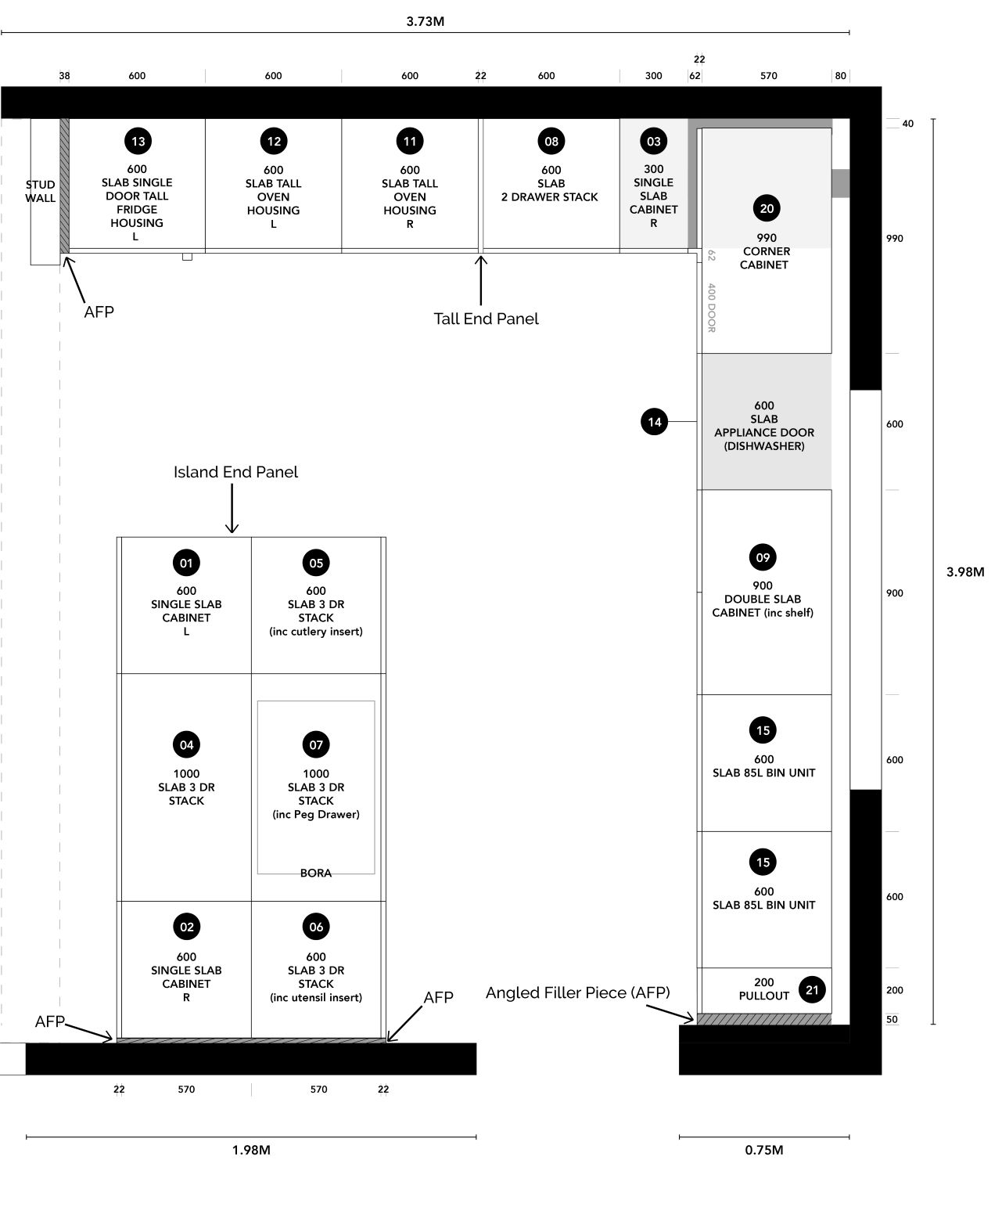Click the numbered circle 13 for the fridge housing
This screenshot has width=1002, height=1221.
pyautogui.click(x=138, y=142)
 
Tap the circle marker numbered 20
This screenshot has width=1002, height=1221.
pyautogui.click(x=767, y=208)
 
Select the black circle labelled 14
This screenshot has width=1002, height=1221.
pyautogui.click(x=654, y=422)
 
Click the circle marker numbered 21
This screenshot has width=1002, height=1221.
pyautogui.click(x=812, y=989)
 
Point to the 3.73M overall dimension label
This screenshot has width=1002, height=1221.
pyautogui.click(x=425, y=21)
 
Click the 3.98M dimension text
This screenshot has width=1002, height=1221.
pyautogui.click(x=964, y=572)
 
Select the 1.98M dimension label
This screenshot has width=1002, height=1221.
pyautogui.click(x=251, y=1150)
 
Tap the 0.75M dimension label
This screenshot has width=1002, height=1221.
pyautogui.click(x=763, y=1150)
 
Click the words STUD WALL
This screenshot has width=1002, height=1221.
pyautogui.click(x=41, y=192)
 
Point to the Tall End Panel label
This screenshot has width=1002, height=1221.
pyautogui.click(x=486, y=319)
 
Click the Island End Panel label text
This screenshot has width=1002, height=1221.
pyautogui.click(x=235, y=472)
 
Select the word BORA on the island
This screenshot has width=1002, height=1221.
pyautogui.click(x=316, y=873)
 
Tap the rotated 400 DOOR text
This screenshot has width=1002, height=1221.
pyautogui.click(x=711, y=308)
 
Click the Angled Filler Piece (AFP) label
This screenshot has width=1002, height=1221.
pyautogui.click(x=577, y=992)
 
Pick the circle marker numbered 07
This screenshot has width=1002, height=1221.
pyautogui.click(x=316, y=744)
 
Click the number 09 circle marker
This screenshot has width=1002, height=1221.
pyautogui.click(x=763, y=557)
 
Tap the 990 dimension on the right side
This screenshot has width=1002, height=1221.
pyautogui.click(x=894, y=239)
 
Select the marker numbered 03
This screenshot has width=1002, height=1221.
pyautogui.click(x=653, y=142)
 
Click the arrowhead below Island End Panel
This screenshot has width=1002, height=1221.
pyautogui.click(x=232, y=529)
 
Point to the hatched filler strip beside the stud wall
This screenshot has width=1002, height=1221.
pyautogui.click(x=64, y=185)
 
